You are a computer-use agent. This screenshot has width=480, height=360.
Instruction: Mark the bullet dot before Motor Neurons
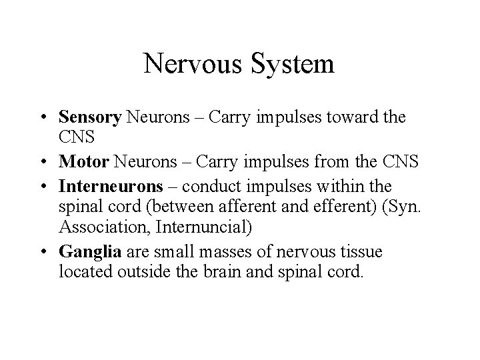coord(50,161)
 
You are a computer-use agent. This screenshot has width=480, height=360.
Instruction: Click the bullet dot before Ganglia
coord(50,251)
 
